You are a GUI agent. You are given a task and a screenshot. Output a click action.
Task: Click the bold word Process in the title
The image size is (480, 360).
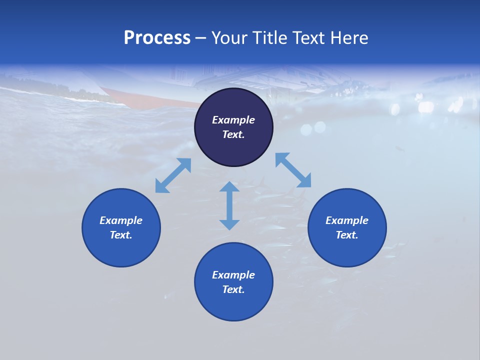click(x=157, y=38)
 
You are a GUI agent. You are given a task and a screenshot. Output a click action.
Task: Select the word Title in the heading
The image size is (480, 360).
click(x=271, y=38)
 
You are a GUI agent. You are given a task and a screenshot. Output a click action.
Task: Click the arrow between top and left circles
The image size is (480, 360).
click(x=173, y=175)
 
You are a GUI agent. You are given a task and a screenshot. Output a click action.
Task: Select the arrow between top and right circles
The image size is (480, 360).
click(x=293, y=170)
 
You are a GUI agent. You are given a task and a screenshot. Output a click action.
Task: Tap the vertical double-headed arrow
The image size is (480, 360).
click(x=229, y=205)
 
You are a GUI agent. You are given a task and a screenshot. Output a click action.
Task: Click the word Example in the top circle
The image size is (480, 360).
click(x=233, y=120)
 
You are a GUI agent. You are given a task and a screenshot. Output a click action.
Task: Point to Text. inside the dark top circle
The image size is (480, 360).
click(x=233, y=134)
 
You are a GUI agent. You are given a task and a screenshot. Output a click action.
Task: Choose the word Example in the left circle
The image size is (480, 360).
click(x=121, y=220)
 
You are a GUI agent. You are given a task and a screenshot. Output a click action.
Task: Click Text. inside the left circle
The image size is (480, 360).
click(x=121, y=235)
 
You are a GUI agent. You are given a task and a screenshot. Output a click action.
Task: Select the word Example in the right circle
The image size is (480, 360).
click(x=347, y=220)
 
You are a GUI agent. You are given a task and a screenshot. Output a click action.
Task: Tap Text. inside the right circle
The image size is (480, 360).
click(x=347, y=235)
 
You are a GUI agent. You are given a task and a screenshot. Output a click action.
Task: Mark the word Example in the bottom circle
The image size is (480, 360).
click(x=233, y=275)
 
